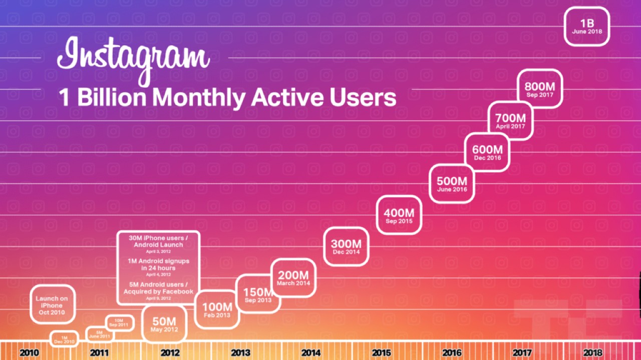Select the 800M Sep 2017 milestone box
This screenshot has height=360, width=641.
pyautogui.click(x=540, y=89)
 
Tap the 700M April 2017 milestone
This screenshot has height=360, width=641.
pyautogui.click(x=510, y=121)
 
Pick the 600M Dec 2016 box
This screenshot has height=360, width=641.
pyautogui.click(x=487, y=152)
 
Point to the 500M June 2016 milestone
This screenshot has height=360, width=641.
pyautogui.click(x=452, y=184)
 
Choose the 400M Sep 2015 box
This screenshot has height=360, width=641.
pyautogui.click(x=399, y=215)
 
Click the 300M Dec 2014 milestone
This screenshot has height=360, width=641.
pyautogui.click(x=346, y=246)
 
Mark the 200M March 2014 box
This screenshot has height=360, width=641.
pyautogui.click(x=293, y=277)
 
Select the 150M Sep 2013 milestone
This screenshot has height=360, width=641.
pyautogui.click(x=258, y=294)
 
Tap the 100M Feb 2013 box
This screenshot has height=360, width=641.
pyautogui.click(x=217, y=309)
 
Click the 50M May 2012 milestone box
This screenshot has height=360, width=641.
pyautogui.click(x=164, y=324)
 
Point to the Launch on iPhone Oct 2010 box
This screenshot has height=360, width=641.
pyautogui.click(x=52, y=305)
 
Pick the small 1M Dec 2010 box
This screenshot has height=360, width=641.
pyautogui.click(x=64, y=339)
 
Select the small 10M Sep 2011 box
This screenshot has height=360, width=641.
pyautogui.click(x=119, y=323)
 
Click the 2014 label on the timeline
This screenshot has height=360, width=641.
pyautogui.click(x=310, y=352)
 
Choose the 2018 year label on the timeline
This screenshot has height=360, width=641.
pyautogui.click(x=592, y=352)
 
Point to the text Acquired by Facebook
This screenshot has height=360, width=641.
pyautogui.click(x=158, y=291)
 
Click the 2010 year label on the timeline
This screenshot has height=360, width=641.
pyautogui.click(x=29, y=352)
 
